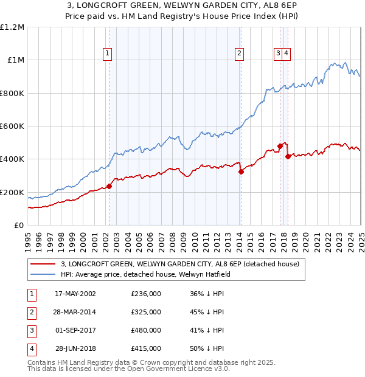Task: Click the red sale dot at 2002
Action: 109,186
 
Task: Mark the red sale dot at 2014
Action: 241,171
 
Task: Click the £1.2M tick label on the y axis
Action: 12,27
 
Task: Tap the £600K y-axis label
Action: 12,126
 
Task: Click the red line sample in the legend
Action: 43,265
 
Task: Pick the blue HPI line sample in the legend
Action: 43,274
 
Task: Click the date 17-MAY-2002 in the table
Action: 75,294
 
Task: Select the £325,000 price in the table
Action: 146,313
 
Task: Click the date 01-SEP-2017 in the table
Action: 75,331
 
